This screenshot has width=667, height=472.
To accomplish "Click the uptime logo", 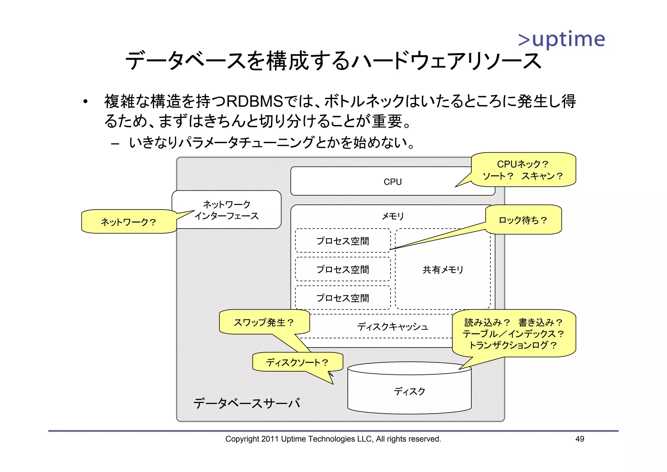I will [561, 39].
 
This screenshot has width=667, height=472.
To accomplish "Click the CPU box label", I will [392, 182].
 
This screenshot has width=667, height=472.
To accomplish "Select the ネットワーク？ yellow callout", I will [128, 222].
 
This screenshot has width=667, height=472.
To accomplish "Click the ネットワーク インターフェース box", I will [226, 210].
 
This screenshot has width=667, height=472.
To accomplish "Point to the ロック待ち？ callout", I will [523, 220].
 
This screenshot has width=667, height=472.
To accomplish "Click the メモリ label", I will [392, 216].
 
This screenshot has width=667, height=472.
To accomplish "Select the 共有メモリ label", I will [443, 270].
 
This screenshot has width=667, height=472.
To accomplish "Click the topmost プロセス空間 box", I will [343, 241].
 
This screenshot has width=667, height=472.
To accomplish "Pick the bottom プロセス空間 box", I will [343, 298].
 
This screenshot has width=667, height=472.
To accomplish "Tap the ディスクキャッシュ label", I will [392, 327].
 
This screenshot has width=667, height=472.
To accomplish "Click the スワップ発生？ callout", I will [264, 322].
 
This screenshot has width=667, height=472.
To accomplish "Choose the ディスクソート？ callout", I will [297, 362].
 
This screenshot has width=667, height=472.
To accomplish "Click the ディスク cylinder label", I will [409, 391].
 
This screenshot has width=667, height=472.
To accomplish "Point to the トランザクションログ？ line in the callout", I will [513, 345].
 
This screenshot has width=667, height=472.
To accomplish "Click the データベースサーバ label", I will [247, 404].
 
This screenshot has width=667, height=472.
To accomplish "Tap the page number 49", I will [579, 439].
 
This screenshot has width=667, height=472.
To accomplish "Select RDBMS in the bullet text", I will [254, 101].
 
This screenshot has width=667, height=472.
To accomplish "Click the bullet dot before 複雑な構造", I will [85, 102].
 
